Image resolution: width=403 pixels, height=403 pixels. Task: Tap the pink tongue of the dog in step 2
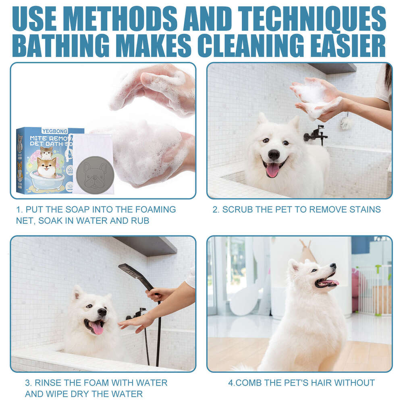coord(273,170)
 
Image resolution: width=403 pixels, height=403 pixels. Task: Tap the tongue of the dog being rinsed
coord(97,328)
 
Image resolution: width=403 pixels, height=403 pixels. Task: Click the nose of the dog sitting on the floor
coord(333,266)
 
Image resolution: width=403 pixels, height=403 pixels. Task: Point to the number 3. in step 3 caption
coord(29,382)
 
